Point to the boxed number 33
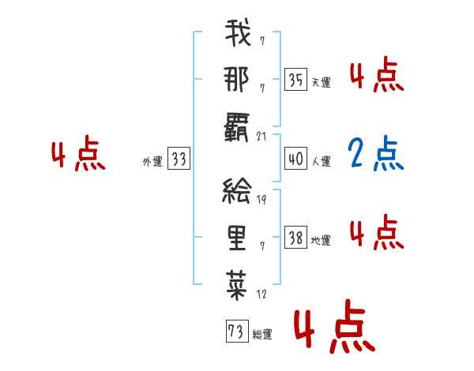pos(179,159)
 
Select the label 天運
pos(321,82)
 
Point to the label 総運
pos(262,335)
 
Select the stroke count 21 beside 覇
pos(263,137)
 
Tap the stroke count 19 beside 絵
pos(262,200)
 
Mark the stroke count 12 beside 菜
pos(262,294)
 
